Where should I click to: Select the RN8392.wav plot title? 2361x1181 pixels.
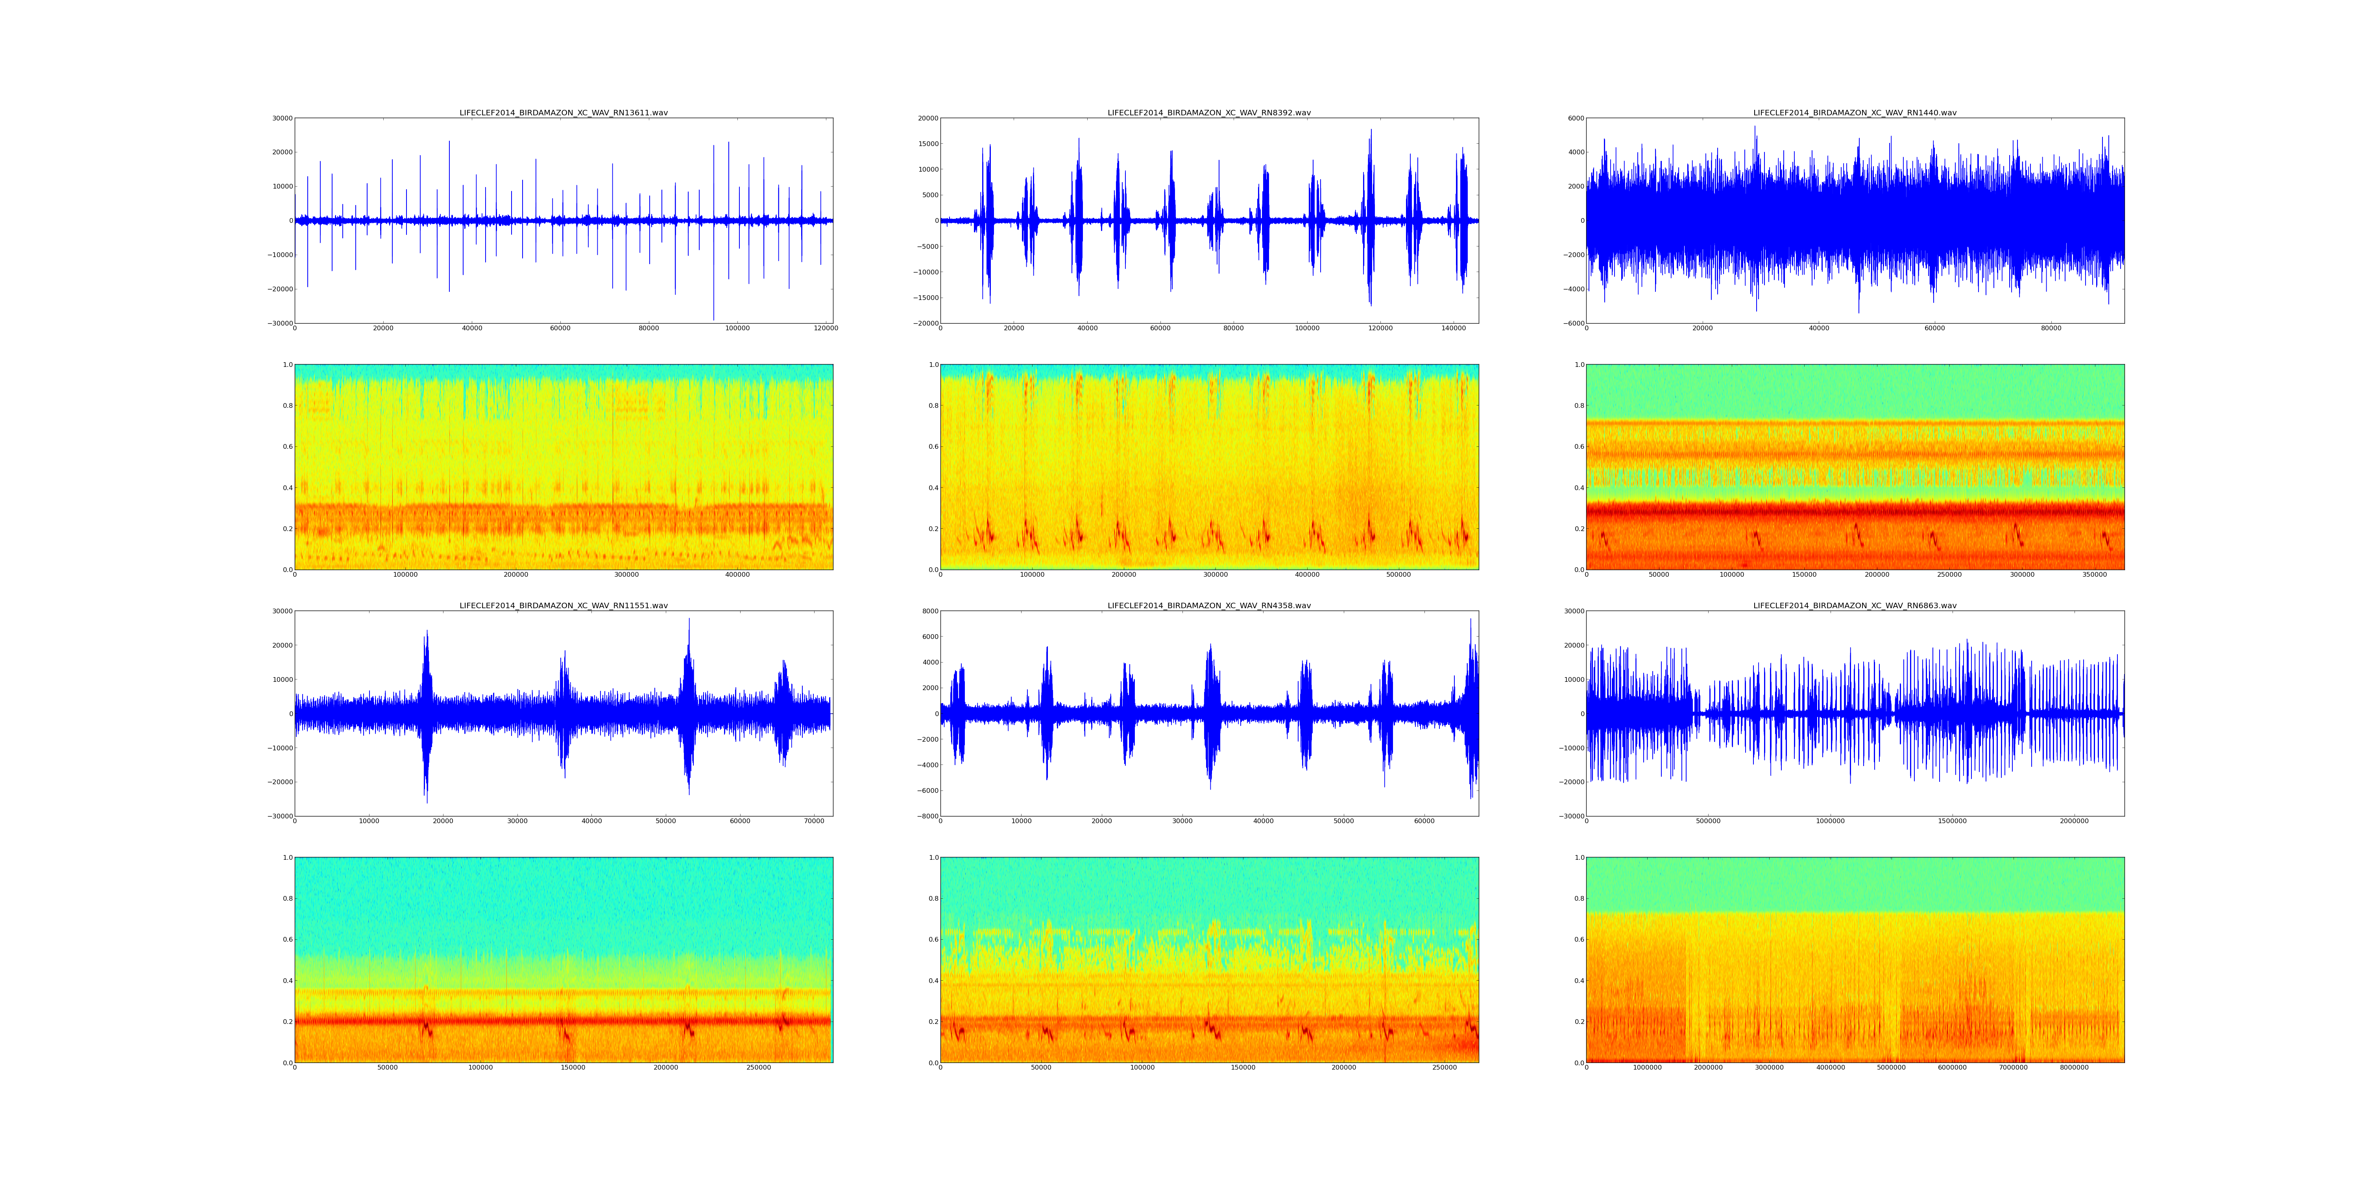click(1209, 113)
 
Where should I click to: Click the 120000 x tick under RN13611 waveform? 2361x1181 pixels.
click(826, 328)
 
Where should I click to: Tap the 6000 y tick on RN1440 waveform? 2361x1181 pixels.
click(1575, 118)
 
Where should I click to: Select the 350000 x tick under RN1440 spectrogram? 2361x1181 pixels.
click(2094, 575)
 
